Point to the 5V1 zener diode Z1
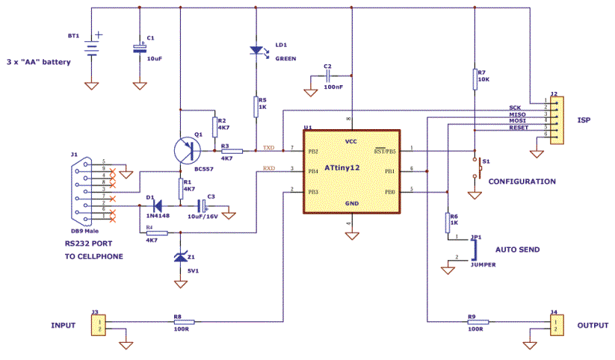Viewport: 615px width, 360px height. click(180, 258)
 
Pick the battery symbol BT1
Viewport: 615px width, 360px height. click(91, 48)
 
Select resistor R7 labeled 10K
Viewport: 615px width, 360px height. click(475, 78)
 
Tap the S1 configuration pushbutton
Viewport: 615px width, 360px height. click(475, 168)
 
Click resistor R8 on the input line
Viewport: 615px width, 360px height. click(179, 321)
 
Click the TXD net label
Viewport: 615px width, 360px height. click(268, 147)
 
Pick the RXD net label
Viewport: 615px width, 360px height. click(268, 168)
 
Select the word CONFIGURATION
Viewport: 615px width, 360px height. click(522, 181)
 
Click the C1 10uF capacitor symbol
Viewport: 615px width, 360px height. click(139, 48)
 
